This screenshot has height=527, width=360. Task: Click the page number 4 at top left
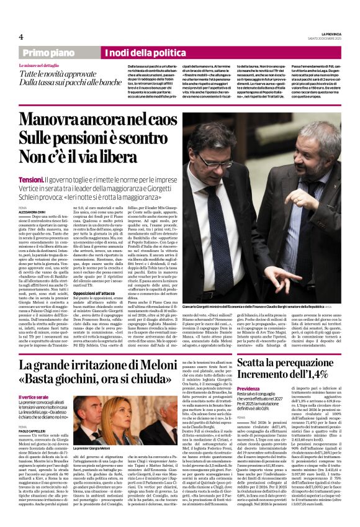point(21,36)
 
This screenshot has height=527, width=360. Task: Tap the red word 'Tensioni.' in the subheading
point(31,179)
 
